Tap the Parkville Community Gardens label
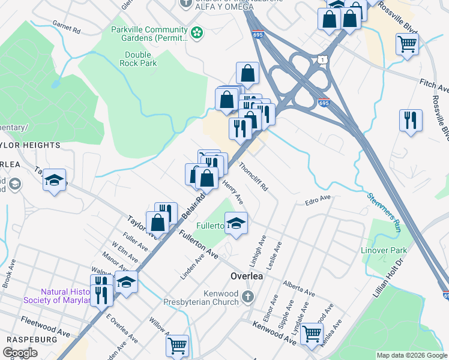(149, 34)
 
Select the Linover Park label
(390, 250)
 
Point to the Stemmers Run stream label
(382, 211)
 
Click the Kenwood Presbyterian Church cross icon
(248, 296)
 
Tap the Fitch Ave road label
(434, 88)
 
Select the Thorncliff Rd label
(253, 176)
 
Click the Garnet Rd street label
(66, 28)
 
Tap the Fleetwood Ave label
(46, 330)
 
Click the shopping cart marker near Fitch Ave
(407, 44)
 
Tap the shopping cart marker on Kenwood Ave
(312, 332)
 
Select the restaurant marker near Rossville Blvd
(411, 119)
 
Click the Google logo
(20, 353)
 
